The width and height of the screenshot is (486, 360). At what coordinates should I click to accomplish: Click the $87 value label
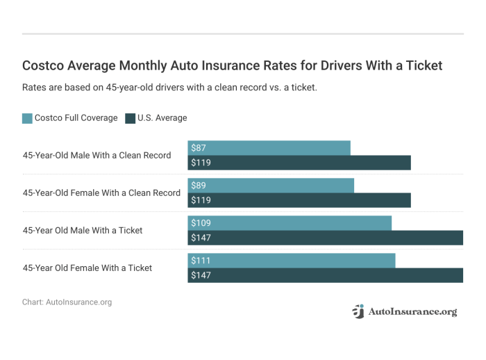(198, 148)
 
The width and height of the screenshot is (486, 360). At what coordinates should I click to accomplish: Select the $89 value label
(198, 186)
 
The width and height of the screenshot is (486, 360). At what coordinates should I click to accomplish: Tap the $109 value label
(201, 223)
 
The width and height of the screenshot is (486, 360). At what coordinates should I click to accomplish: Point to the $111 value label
(200, 261)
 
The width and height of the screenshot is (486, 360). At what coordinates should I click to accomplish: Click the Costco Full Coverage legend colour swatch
(27, 118)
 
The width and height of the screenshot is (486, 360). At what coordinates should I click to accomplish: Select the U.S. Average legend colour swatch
(130, 118)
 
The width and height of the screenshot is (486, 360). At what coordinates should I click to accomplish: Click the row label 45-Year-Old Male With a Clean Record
(97, 155)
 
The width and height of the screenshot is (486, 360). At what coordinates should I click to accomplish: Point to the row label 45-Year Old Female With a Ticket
(87, 268)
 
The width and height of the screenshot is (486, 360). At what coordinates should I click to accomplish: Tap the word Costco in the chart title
(43, 66)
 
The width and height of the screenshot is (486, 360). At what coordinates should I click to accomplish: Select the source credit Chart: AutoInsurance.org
(67, 302)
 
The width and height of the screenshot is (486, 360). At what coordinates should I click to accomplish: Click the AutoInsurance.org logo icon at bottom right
(358, 312)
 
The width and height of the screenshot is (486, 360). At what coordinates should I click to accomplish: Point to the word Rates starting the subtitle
(35, 88)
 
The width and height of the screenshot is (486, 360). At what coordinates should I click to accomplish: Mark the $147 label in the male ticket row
(201, 238)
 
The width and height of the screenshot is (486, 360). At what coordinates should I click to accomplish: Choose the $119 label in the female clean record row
(201, 200)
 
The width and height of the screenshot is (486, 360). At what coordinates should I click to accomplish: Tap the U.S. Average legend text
(162, 118)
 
